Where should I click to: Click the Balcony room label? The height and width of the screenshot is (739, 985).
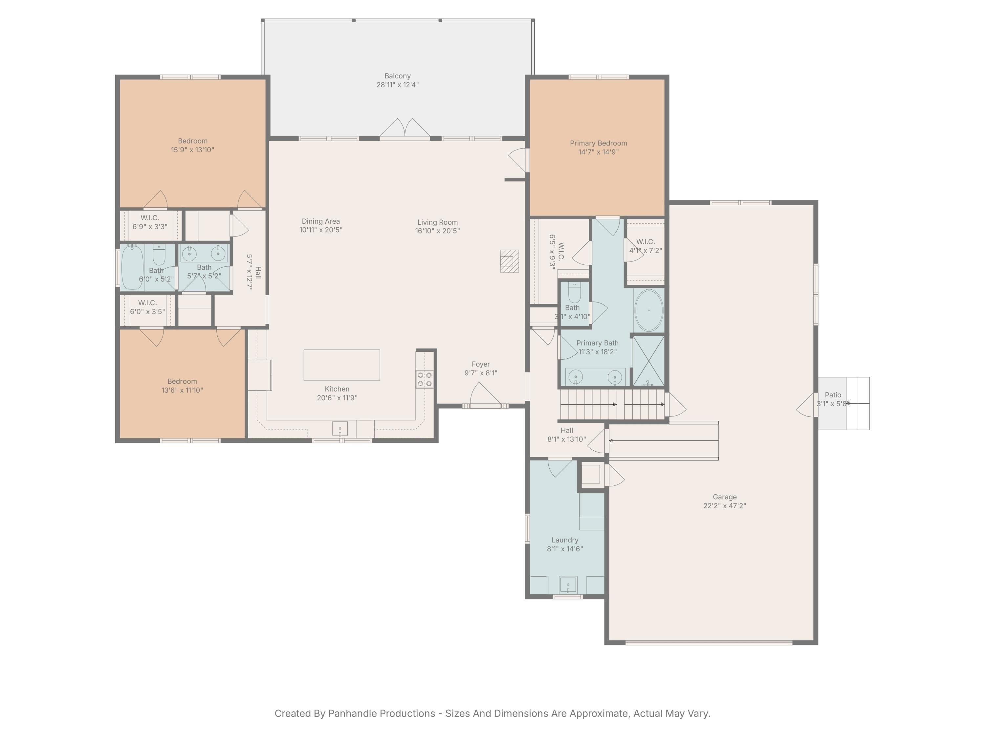397,76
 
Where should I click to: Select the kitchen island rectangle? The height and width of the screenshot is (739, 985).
341,365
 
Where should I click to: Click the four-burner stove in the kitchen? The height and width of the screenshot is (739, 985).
424,379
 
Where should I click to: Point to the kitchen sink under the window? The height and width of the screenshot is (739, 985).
340,429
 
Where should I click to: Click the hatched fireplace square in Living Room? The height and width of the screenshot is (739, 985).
510,261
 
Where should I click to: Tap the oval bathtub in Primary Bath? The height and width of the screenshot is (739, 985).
648,310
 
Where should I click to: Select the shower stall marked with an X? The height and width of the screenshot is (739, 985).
648,361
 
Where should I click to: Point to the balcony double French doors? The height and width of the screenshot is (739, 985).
404,129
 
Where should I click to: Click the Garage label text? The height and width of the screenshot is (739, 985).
725,497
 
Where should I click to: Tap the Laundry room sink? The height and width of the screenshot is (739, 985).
568,584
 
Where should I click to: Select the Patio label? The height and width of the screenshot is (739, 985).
833,395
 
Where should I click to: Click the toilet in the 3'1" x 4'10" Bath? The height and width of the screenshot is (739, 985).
575,293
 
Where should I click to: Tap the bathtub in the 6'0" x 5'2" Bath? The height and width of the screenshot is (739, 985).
132,267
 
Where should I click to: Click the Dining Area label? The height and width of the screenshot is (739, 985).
320,221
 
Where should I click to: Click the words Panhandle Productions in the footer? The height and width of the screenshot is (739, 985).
381,713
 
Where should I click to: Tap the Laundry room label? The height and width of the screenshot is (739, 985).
565,540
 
